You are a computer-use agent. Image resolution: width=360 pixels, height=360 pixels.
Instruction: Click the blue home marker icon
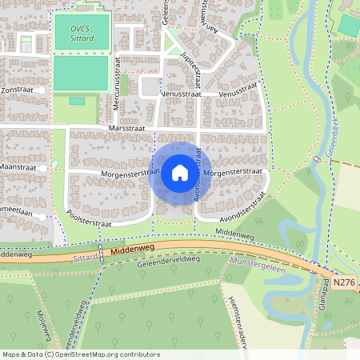point(180,173)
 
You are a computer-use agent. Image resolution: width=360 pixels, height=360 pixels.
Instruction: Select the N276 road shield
point(343,282)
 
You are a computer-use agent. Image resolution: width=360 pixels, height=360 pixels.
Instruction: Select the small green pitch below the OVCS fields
point(78,101)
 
